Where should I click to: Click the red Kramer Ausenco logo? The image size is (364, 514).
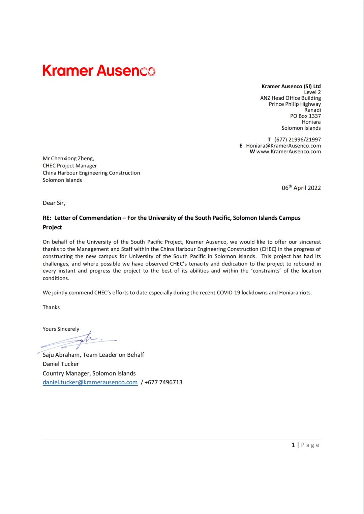pos(99,70)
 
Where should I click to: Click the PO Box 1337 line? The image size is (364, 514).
pos(305,116)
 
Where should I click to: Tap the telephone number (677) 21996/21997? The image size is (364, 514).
pos(297,139)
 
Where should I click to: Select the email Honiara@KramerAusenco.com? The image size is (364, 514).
pos(283,146)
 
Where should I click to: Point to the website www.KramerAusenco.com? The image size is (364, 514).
pos(289,152)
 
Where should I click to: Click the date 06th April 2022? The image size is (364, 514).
pos(301,188)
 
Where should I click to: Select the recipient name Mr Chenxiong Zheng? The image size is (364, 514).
pos(68,159)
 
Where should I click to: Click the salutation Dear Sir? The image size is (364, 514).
pos(54,203)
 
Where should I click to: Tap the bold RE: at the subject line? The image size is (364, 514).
pos(47,218)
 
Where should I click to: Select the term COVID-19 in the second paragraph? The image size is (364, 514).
pos(228,293)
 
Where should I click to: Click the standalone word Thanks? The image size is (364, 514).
pos(51,308)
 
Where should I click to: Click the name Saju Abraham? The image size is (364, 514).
pos(62,355)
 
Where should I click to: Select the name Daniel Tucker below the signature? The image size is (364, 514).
pos(61,364)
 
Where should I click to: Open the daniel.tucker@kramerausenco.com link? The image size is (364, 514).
pos(90,382)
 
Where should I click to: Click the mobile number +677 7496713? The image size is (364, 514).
pos(163,382)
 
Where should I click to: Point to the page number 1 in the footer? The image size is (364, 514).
pos(293,445)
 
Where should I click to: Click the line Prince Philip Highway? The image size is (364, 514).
pos(295,104)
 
